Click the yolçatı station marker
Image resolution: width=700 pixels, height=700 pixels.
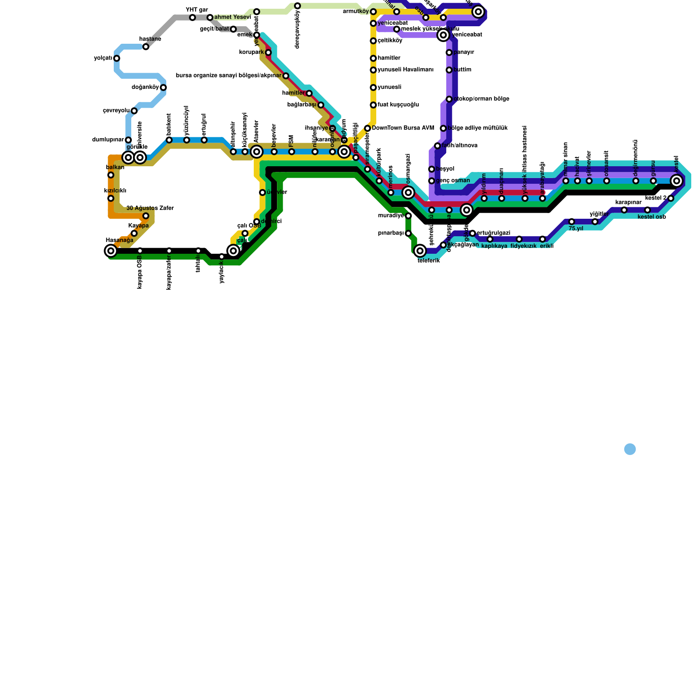pos(116,58)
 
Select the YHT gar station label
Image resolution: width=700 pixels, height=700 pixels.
pos(196,10)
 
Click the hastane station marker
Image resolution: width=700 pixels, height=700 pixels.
pos(146,47)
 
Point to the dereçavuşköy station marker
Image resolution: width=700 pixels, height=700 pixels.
pos(297,6)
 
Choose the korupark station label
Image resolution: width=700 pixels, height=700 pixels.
pos(252,52)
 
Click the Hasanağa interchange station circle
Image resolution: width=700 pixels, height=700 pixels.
pos(111,251)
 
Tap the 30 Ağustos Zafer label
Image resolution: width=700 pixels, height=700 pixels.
pos(150,208)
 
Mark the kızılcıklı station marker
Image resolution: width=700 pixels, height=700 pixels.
pos(111,199)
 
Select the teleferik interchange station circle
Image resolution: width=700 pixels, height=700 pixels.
pos(420,251)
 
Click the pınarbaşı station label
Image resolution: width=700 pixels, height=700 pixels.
pos(391,233)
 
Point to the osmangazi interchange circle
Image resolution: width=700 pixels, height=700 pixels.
pos(408,192)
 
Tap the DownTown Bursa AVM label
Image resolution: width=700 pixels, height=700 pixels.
pos(402,128)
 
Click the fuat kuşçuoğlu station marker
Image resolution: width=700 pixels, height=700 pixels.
pos(373,105)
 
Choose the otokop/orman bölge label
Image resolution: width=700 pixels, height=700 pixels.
pos(481,99)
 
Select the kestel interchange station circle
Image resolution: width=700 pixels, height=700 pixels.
pos(677,181)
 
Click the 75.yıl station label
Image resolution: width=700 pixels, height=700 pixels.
pos(576,228)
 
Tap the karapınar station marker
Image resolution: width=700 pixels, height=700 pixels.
pos(624,210)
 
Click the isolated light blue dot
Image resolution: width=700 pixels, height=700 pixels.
pos(630,449)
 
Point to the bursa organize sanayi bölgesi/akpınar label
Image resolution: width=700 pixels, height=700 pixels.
pos(228,76)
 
